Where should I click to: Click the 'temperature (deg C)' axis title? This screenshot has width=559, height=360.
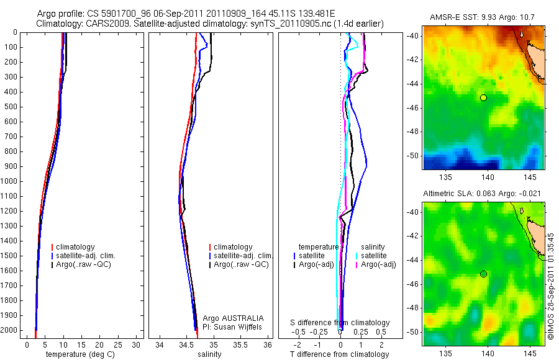click(82, 354)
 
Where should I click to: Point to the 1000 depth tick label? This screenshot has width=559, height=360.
click(9, 181)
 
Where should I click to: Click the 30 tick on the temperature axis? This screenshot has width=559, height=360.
click(137, 344)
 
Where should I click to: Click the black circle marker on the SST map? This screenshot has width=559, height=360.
click(483, 97)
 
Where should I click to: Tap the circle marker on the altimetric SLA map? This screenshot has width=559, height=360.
click(483, 274)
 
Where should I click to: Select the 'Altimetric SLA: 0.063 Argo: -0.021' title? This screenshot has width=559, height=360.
click(482, 194)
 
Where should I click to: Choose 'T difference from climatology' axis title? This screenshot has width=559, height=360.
click(339, 354)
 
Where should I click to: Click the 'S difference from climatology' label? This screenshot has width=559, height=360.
click(340, 323)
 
